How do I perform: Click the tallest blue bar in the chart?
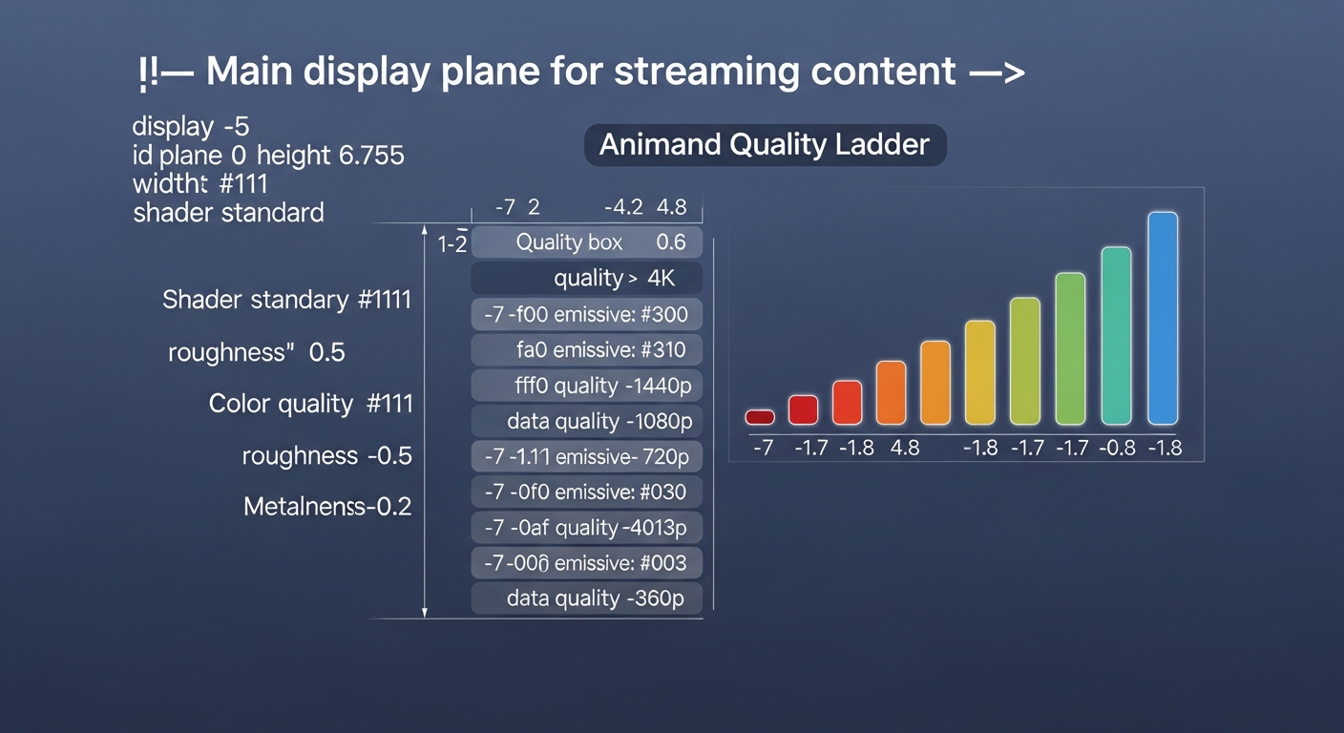pyautogui.click(x=1163, y=318)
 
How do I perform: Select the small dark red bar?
pyautogui.click(x=760, y=417)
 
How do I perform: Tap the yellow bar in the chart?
pyautogui.click(x=980, y=372)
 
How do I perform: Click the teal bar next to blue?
pyautogui.click(x=1116, y=335)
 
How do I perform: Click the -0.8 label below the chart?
pyautogui.click(x=1116, y=447)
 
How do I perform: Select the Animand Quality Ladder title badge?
pyautogui.click(x=765, y=145)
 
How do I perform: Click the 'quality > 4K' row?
pyautogui.click(x=587, y=279)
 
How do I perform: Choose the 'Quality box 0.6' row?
pyautogui.click(x=587, y=242)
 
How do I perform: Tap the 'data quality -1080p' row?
pyautogui.click(x=587, y=421)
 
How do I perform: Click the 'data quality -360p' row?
pyautogui.click(x=587, y=598)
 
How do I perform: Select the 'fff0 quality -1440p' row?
pyautogui.click(x=587, y=386)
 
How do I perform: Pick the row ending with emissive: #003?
pyautogui.click(x=587, y=563)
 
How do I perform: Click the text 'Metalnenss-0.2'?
pyautogui.click(x=327, y=506)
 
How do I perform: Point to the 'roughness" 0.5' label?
pyautogui.click(x=256, y=352)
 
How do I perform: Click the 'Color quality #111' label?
pyautogui.click(x=310, y=404)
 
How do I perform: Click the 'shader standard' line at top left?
pyautogui.click(x=228, y=212)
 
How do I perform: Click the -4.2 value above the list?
pyautogui.click(x=624, y=207)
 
